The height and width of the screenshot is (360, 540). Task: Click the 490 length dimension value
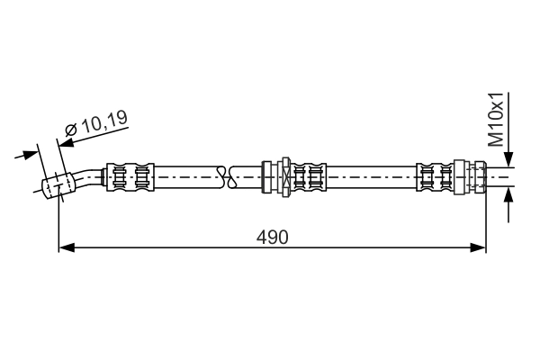tap(272, 237)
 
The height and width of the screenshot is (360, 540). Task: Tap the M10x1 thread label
tap(496, 119)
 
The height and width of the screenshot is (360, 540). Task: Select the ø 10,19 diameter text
tap(95, 130)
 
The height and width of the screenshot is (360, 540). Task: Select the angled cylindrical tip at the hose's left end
tap(57, 185)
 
